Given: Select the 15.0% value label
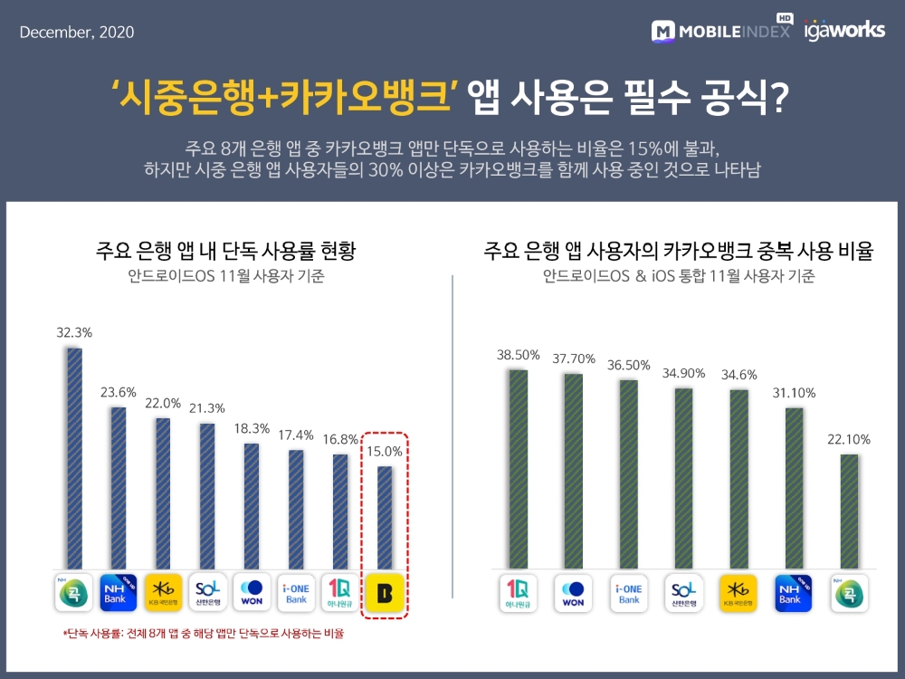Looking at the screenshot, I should tap(384, 448).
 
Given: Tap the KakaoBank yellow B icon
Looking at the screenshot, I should tap(385, 593).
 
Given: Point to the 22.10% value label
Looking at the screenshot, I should tap(848, 439).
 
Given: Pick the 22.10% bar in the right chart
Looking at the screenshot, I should tap(848, 512).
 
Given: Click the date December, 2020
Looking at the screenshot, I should tap(77, 33).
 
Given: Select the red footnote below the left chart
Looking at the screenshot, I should tap(203, 634).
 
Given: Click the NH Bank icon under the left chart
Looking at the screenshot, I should tap(119, 593).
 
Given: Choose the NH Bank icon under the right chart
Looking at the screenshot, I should tap(794, 593).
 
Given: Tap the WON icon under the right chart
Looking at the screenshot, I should tap(574, 593).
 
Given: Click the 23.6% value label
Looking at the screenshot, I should tap(119, 392).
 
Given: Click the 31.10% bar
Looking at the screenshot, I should tap(794, 488).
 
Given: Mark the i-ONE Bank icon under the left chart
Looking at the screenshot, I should tap(296, 593).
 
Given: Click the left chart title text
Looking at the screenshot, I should tap(225, 251).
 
